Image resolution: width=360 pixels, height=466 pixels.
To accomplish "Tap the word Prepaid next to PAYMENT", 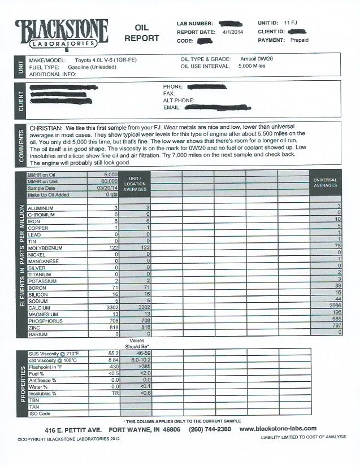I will click(x=299, y=41).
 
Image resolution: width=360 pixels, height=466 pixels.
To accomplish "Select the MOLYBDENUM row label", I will click(x=46, y=247).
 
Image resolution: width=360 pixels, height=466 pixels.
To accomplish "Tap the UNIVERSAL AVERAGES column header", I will click(x=326, y=182).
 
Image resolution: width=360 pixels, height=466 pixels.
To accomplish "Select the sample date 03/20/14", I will click(x=106, y=188).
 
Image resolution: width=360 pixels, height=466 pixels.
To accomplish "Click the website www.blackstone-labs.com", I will click(x=277, y=429).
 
